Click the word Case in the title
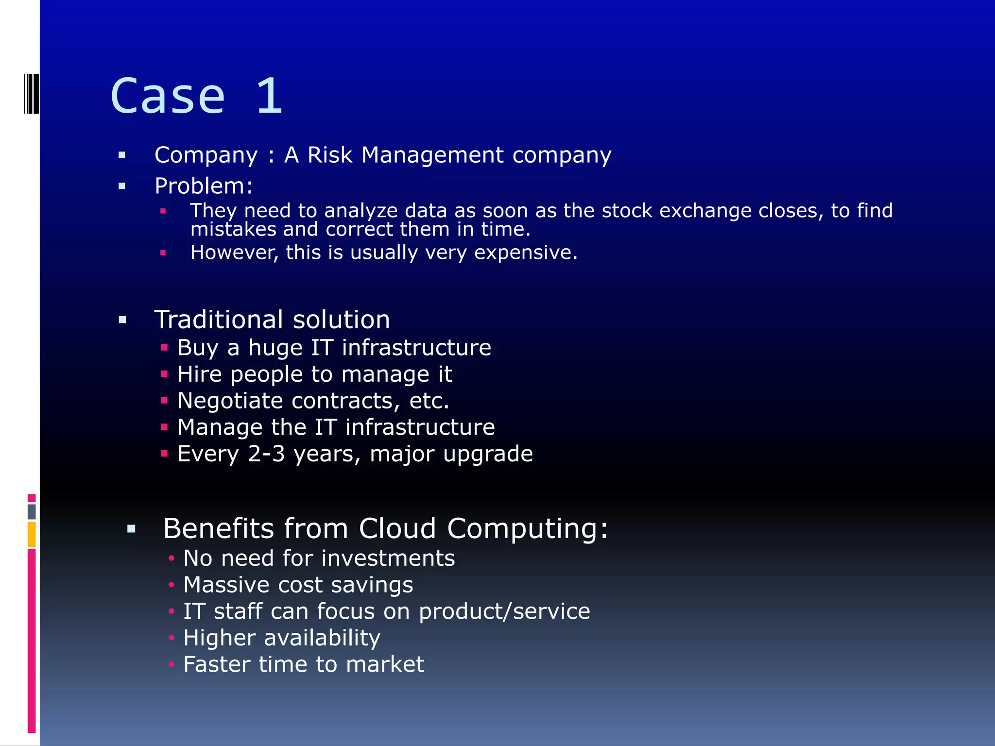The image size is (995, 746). click(x=168, y=96)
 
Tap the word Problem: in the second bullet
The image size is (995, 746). click(x=204, y=186)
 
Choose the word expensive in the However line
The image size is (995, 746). click(x=526, y=253)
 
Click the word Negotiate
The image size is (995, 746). click(x=230, y=401)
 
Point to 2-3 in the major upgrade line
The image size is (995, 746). click(x=266, y=454)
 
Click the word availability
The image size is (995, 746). click(x=322, y=638)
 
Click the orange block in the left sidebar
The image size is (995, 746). click(x=32, y=534)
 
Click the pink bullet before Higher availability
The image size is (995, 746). click(x=171, y=638)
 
